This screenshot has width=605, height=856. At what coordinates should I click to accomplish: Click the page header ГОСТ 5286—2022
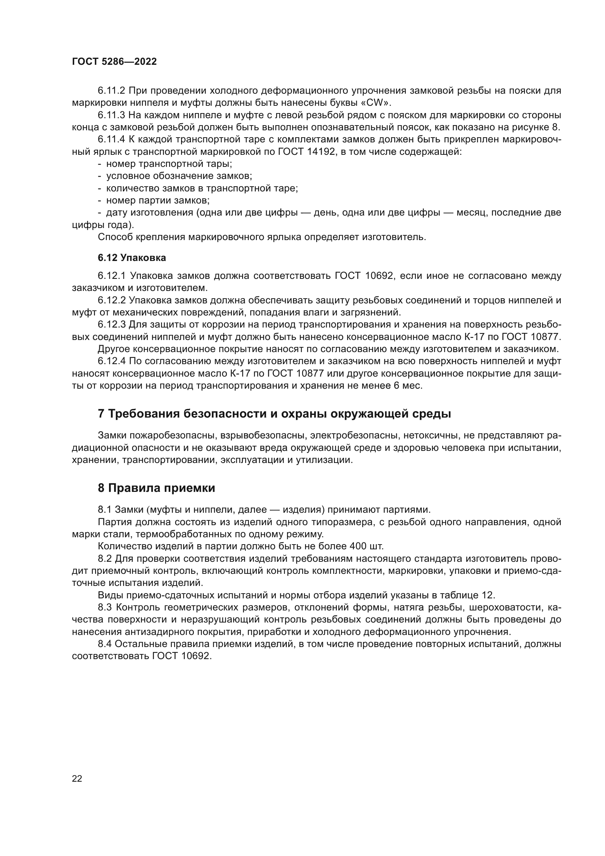[114, 62]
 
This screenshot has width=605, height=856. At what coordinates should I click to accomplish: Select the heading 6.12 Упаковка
[132, 258]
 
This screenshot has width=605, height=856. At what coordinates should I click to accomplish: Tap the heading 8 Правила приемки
[157, 488]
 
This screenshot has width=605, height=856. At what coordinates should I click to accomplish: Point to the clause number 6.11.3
[112, 115]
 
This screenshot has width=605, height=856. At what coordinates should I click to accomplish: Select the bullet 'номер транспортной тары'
[169, 164]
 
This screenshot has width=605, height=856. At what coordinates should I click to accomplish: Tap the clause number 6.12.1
[112, 276]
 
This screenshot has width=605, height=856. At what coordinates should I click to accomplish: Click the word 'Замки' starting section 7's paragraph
[112, 436]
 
